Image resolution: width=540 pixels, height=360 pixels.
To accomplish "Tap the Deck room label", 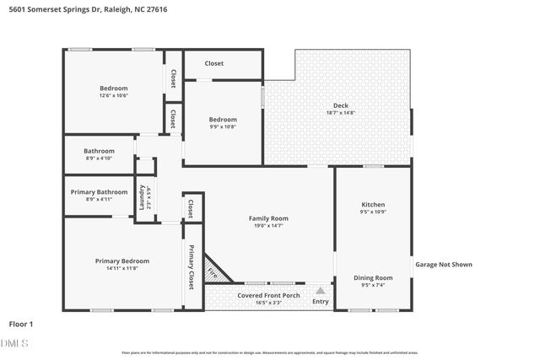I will pos(340,105).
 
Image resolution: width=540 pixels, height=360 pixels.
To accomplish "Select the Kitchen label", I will pos(373,205).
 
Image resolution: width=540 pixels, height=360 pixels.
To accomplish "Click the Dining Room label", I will pos(373,277).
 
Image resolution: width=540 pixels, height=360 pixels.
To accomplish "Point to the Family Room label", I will pos(268,218).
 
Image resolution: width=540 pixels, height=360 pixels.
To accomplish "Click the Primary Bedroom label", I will pos(121,261).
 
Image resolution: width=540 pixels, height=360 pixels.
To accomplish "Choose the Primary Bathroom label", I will pos(100,191).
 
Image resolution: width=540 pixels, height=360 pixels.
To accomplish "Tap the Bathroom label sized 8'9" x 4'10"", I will pos(99,151).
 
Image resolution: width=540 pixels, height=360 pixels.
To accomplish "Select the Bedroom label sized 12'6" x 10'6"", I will pos(114,89).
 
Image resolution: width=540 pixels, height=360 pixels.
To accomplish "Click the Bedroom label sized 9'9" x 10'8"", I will pos(224,120).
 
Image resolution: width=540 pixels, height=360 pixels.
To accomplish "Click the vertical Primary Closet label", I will pos(192,266).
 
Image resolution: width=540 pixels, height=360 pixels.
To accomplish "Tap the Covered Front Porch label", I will pos(268,296).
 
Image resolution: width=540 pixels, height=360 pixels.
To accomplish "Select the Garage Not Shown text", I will pos(444,265).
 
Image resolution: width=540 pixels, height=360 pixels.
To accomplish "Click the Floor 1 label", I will pos(21,324).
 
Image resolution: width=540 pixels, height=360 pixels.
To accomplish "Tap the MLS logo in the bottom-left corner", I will pos(14,343).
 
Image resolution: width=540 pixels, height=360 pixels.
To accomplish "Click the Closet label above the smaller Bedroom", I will pos(214,63).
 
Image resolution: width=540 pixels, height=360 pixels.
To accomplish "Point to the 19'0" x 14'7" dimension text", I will pos(268,226).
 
